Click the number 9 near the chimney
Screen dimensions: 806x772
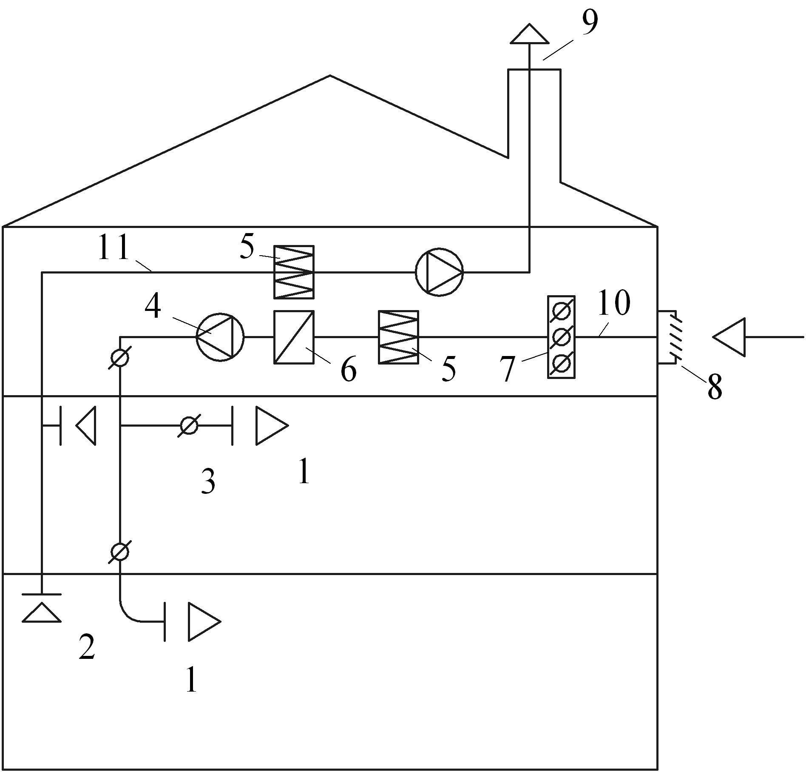(x=589, y=23)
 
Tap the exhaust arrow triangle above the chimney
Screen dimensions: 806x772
(x=529, y=34)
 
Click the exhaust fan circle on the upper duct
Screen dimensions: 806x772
(x=439, y=272)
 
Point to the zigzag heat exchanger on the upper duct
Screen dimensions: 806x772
(x=294, y=272)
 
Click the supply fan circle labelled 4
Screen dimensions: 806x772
(x=220, y=337)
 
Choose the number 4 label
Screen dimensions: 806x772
(x=153, y=307)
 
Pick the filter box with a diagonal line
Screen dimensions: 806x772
(x=294, y=337)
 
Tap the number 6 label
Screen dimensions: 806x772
(x=348, y=370)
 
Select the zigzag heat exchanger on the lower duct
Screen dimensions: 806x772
(x=398, y=337)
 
